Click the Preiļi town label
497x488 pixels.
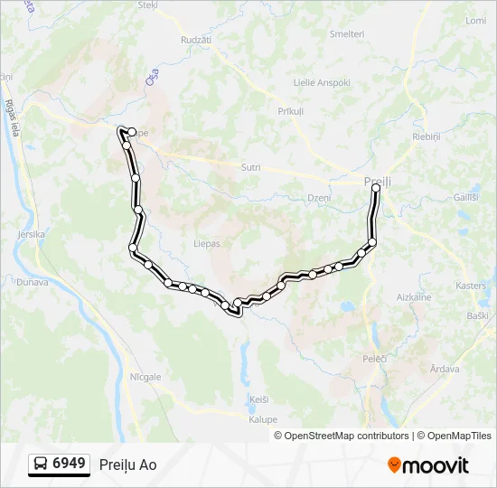click(378, 182)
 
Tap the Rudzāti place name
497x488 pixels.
click(196, 41)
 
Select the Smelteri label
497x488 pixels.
click(347, 33)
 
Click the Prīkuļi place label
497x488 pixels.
click(291, 110)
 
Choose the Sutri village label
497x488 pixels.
click(251, 167)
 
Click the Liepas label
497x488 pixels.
click(207, 243)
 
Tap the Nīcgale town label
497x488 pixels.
click(145, 376)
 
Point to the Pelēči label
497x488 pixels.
click(375, 359)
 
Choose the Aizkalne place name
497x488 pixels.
click(414, 296)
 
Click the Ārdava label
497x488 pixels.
click(445, 368)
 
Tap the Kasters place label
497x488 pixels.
click(471, 285)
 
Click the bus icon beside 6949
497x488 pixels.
click(41, 465)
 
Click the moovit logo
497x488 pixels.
click(428, 465)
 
